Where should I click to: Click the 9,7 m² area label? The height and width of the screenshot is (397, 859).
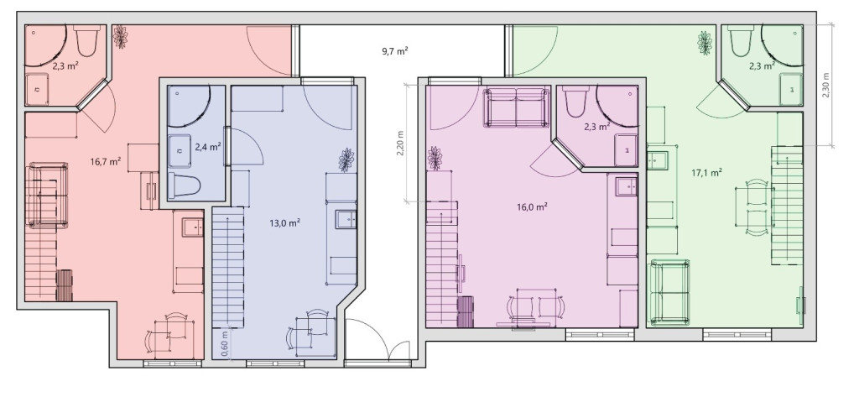(394, 51)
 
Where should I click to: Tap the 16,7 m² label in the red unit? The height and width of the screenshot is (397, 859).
(106, 161)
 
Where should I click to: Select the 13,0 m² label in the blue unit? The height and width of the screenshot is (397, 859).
(285, 222)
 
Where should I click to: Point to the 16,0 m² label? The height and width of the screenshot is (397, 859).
(533, 206)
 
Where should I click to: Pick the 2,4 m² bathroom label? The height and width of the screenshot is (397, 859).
(208, 146)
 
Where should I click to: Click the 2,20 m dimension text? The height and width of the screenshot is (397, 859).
(400, 144)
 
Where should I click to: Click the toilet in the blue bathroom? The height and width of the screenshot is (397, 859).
(184, 185)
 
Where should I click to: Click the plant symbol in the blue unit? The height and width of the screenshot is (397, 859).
(346, 159)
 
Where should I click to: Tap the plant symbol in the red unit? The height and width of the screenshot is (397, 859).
(120, 37)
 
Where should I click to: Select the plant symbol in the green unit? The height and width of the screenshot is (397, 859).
(705, 43)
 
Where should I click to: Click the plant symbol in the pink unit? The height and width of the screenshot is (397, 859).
(435, 158)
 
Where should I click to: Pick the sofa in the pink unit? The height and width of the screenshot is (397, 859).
(517, 108)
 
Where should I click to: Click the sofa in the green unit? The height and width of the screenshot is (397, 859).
(669, 293)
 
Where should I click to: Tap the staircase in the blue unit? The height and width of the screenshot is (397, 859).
(228, 267)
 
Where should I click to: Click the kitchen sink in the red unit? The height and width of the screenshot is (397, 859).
(193, 227)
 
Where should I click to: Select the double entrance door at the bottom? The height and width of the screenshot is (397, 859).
(378, 339)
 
